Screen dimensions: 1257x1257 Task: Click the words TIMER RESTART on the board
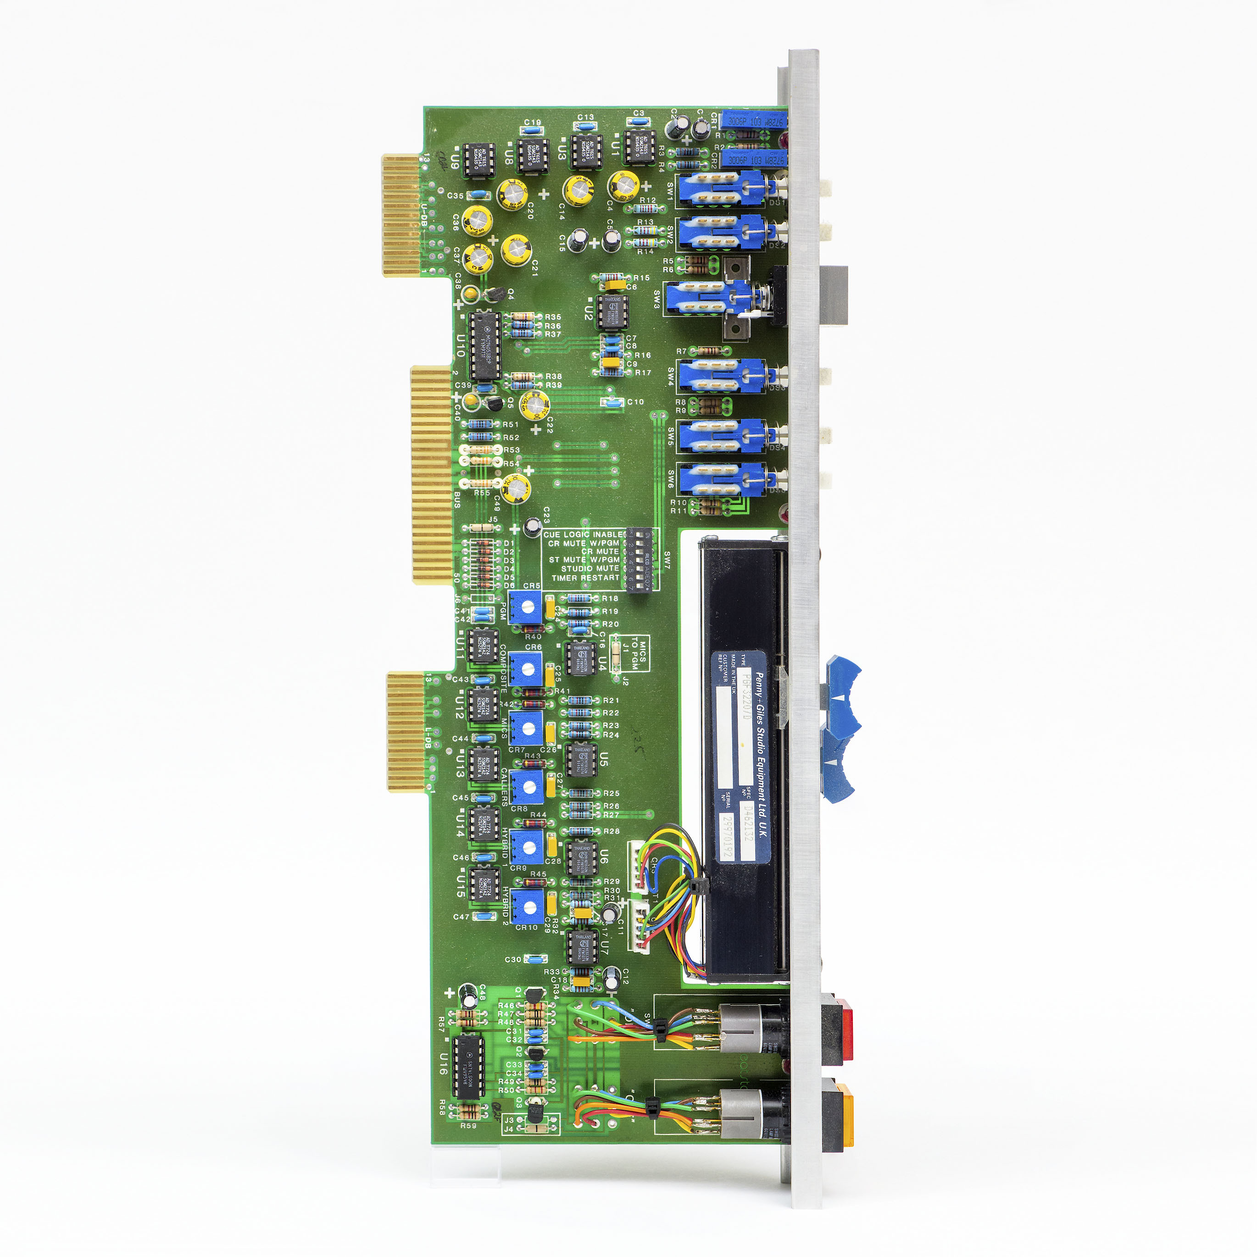point(585,578)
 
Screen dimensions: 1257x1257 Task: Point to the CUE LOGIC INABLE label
point(584,534)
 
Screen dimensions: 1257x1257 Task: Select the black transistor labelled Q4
point(496,294)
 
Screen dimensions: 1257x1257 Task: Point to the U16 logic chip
point(468,1067)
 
